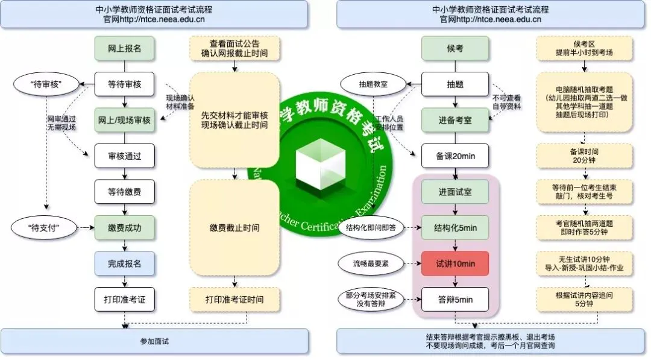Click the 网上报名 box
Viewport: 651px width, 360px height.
[124, 48]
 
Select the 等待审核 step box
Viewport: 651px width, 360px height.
[124, 84]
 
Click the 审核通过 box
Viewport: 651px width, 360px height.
[124, 156]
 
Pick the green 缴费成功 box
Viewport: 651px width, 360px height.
[124, 228]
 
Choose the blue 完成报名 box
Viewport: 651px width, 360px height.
[124, 264]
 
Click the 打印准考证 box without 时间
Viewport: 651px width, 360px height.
[124, 299]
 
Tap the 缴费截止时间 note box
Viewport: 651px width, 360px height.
[234, 227]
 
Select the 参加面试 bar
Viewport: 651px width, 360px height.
[154, 341]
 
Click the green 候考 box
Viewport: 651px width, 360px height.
[455, 48]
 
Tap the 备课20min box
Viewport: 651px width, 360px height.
[455, 156]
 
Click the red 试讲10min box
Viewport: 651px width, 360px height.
[455, 264]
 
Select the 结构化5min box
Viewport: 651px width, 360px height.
[455, 228]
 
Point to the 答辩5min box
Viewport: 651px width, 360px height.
[455, 299]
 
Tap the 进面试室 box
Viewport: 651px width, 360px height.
[455, 192]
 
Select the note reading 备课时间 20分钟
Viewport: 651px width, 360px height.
[585, 156]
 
